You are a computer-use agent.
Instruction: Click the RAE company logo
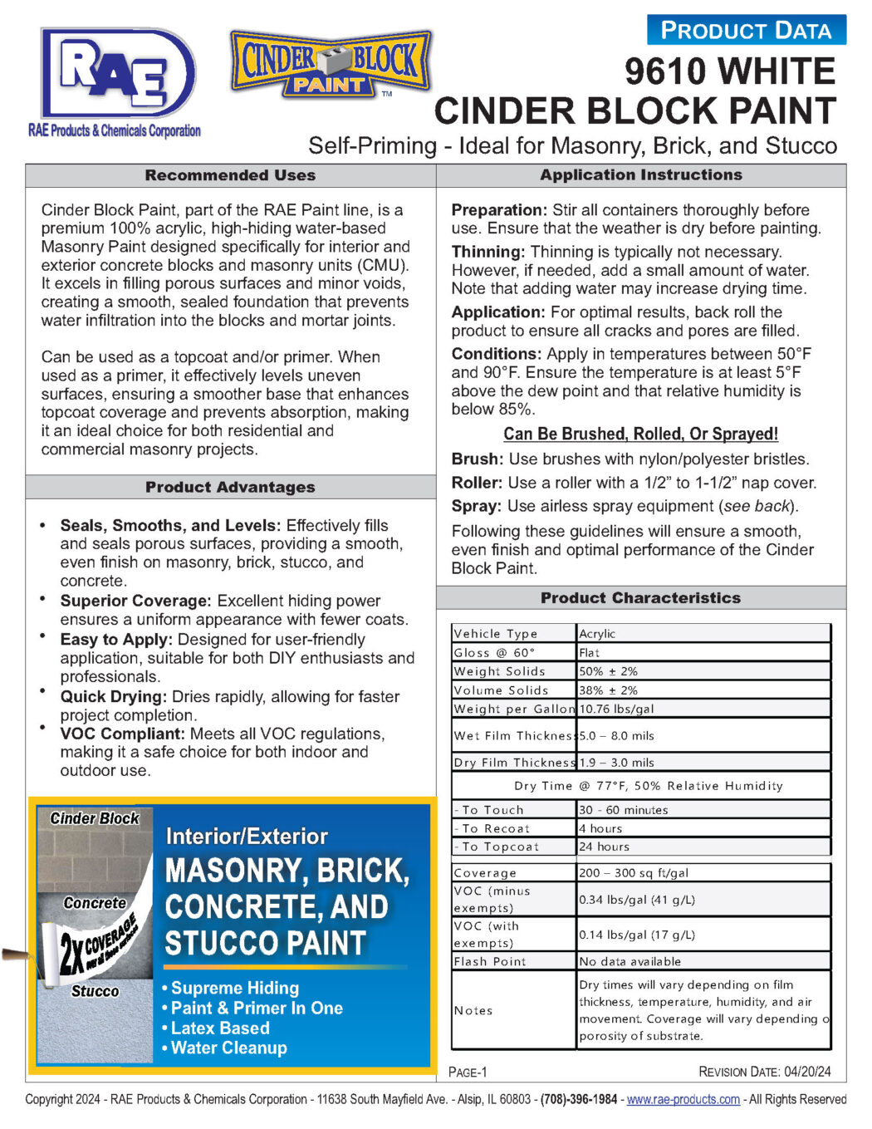(x=116, y=79)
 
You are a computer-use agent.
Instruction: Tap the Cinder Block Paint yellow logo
(x=331, y=63)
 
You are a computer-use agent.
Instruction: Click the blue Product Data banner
(x=746, y=31)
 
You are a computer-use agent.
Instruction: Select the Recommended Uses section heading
(x=230, y=175)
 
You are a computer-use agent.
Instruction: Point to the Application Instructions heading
(x=641, y=174)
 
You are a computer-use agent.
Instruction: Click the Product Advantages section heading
(x=230, y=487)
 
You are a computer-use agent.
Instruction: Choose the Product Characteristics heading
(x=640, y=597)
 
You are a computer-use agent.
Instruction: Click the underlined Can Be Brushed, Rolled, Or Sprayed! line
(x=640, y=434)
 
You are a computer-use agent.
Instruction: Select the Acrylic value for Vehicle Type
(x=598, y=634)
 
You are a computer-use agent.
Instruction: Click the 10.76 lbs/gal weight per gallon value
(x=616, y=709)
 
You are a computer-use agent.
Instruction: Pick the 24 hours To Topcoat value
(x=605, y=847)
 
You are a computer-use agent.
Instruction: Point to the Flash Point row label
(x=490, y=961)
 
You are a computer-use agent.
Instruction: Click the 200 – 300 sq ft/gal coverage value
(x=634, y=873)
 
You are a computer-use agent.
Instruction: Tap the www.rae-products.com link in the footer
(x=683, y=1099)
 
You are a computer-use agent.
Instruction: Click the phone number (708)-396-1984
(x=579, y=1099)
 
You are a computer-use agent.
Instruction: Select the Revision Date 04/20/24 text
(x=764, y=1072)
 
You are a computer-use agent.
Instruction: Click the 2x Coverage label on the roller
(x=98, y=943)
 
